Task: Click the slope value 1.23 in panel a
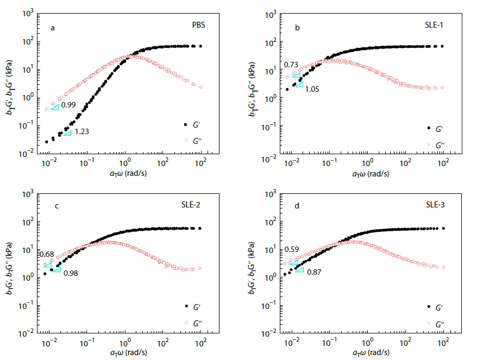[x=81, y=131]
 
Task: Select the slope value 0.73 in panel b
[x=291, y=65]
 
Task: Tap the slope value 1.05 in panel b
[x=312, y=88]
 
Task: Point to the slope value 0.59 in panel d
[x=291, y=249]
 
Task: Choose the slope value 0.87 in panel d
[x=315, y=271]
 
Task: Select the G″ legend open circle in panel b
[x=429, y=144]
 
